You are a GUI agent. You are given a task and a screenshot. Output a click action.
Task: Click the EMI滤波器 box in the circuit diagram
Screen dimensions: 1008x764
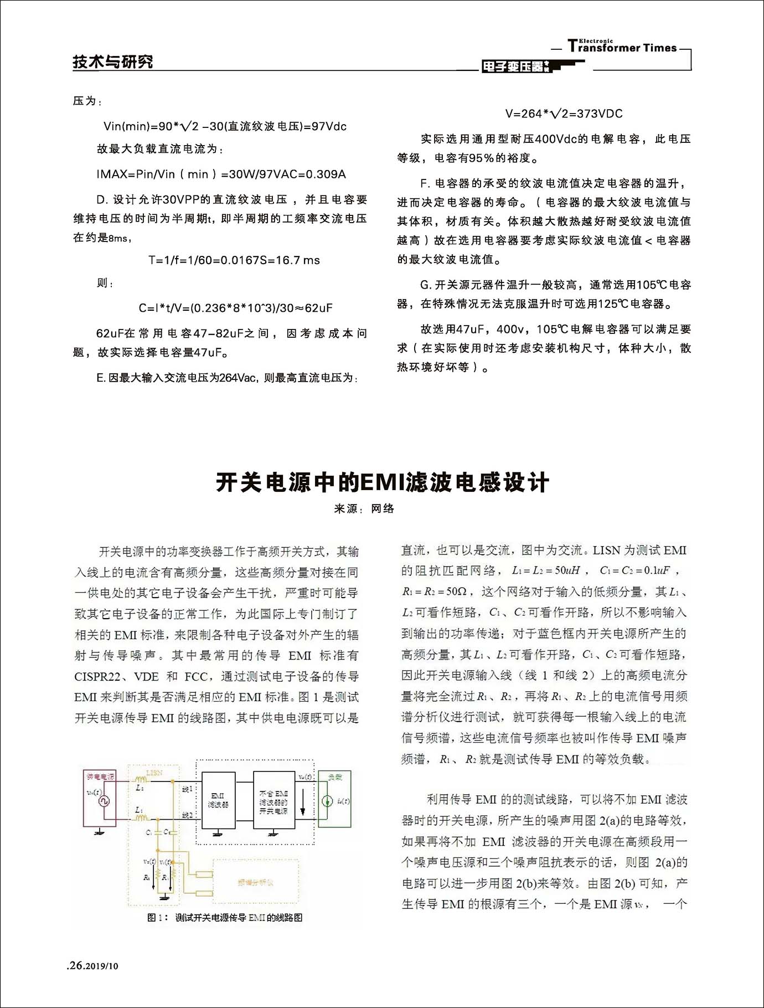click(x=218, y=800)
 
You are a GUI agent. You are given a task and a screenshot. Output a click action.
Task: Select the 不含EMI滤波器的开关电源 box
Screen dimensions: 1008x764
click(x=273, y=801)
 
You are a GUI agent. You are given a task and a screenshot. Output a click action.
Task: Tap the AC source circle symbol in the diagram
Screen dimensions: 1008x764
click(x=104, y=801)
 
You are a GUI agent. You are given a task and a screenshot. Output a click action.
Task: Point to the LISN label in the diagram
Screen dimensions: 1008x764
click(x=154, y=772)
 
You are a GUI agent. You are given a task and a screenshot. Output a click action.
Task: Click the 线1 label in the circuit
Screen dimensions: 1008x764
click(x=187, y=789)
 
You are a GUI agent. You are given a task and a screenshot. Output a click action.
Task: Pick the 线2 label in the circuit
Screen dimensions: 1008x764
click(x=187, y=815)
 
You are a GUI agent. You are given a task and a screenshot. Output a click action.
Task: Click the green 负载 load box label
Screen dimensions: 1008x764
click(x=335, y=778)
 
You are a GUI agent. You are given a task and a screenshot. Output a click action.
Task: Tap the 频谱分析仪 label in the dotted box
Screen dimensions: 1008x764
click(x=255, y=882)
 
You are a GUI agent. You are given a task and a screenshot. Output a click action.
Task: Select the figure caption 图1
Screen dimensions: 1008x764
click(x=225, y=918)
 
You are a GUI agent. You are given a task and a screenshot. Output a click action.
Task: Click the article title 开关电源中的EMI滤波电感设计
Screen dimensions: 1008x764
click(x=382, y=482)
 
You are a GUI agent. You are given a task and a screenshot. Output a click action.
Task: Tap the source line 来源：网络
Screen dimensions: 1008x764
click(x=364, y=508)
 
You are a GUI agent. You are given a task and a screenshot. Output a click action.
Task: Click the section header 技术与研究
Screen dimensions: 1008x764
click(x=113, y=61)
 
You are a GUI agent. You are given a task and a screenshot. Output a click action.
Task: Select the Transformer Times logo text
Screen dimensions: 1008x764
click(x=622, y=47)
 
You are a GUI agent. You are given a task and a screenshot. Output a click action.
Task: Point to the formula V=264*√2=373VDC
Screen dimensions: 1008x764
click(x=564, y=114)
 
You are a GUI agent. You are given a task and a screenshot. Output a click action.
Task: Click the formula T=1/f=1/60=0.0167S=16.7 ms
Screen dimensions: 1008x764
click(x=234, y=260)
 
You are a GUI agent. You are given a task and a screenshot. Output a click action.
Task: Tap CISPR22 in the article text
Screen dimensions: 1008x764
click(x=97, y=676)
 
